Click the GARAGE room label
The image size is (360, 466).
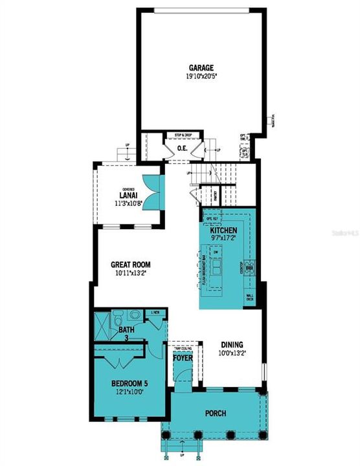(201, 67)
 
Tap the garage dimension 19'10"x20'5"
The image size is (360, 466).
(201, 76)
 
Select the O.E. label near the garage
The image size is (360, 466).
(183, 149)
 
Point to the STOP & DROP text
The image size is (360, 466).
(183, 136)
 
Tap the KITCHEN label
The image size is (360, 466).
(223, 231)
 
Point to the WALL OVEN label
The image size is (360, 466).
(250, 298)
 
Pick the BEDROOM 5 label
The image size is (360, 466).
(123, 384)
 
